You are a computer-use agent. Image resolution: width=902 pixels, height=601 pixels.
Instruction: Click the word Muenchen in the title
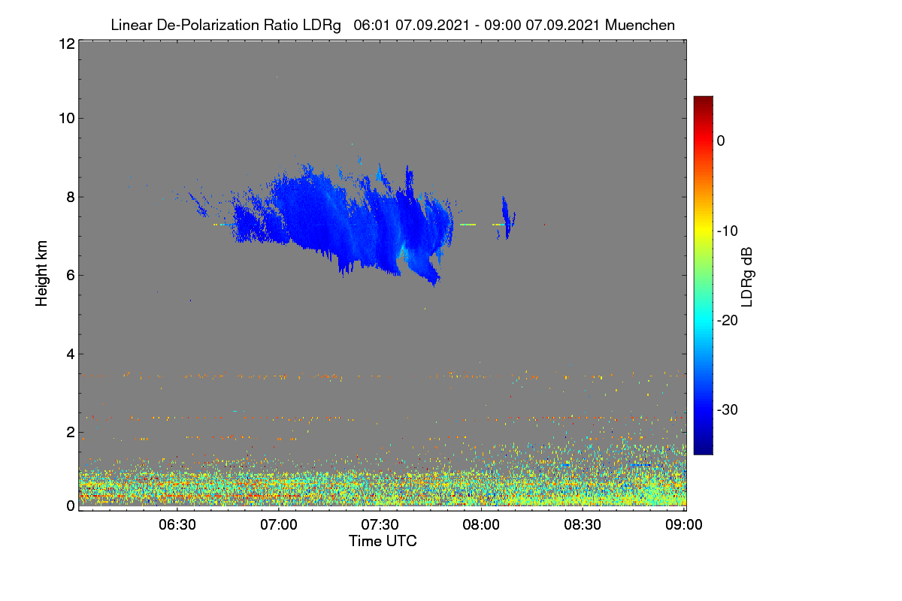(640, 26)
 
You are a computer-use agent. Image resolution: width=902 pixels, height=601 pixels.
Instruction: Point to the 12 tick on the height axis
(67, 44)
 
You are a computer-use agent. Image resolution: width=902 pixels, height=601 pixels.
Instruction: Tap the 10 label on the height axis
(67, 119)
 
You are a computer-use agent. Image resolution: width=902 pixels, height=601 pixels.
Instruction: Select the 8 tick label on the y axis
(71, 198)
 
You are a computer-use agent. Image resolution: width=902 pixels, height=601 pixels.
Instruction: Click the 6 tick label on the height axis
(71, 276)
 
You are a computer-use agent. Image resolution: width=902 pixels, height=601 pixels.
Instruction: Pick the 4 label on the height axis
(71, 355)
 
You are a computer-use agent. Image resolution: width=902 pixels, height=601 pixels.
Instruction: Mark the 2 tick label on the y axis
(71, 432)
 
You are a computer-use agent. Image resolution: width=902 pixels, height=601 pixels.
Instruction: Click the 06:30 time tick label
(177, 525)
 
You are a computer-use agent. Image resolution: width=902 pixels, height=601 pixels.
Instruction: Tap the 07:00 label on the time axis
(279, 525)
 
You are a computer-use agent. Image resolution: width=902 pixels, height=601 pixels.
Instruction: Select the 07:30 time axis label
(380, 525)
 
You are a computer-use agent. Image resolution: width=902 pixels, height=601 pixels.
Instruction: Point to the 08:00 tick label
(481, 525)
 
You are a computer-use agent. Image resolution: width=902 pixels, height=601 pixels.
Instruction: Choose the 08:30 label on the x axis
(583, 525)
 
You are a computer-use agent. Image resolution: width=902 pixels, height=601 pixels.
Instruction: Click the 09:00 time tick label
(684, 525)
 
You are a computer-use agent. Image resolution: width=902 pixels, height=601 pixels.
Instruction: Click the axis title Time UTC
(383, 541)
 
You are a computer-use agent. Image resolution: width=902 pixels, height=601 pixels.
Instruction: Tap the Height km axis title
(41, 273)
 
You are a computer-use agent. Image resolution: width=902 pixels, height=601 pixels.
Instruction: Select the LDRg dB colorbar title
(747, 277)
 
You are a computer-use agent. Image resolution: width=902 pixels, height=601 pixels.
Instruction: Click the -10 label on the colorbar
(728, 231)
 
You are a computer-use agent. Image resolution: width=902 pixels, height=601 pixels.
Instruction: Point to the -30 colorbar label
(728, 409)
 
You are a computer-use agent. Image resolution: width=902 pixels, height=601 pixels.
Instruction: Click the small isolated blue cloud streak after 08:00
(506, 217)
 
